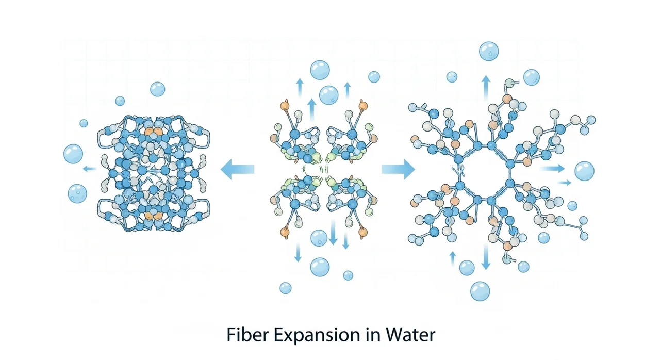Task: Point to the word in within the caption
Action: (365, 335)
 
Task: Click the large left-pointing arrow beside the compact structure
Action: (238, 169)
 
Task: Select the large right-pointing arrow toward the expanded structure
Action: (398, 169)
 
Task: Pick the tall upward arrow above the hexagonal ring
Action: (485, 88)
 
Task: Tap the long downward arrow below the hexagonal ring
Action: (485, 257)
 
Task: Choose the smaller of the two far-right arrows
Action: (565, 182)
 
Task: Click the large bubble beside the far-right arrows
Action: (584, 171)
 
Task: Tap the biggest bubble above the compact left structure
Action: (158, 89)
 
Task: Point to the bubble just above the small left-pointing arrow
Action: (73, 153)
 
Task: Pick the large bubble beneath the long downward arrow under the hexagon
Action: (480, 291)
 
